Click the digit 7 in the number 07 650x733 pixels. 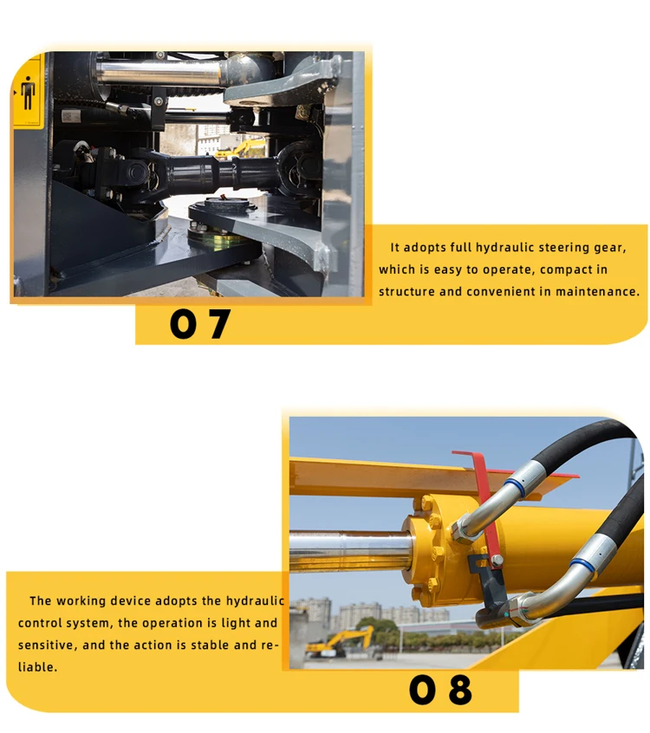point(218,323)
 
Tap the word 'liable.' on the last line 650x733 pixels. point(37,667)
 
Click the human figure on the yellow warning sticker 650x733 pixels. point(29,93)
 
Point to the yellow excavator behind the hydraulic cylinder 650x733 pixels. point(340,642)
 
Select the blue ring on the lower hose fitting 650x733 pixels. point(582,566)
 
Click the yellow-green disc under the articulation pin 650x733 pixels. point(221,242)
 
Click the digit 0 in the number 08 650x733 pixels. point(423,690)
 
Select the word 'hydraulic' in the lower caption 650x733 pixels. point(256,600)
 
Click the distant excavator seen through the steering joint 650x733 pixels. point(242,149)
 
